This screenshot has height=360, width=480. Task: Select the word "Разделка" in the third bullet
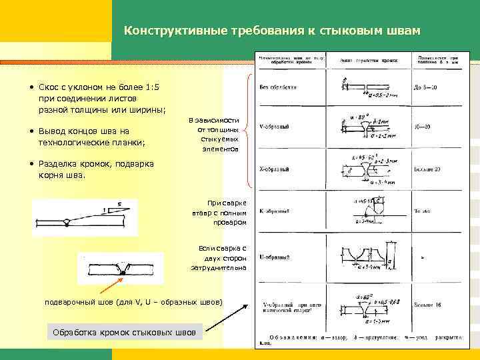tap(60, 164)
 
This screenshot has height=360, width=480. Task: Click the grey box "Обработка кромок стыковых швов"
tap(124, 332)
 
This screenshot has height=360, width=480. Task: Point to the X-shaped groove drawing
tap(360, 170)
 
